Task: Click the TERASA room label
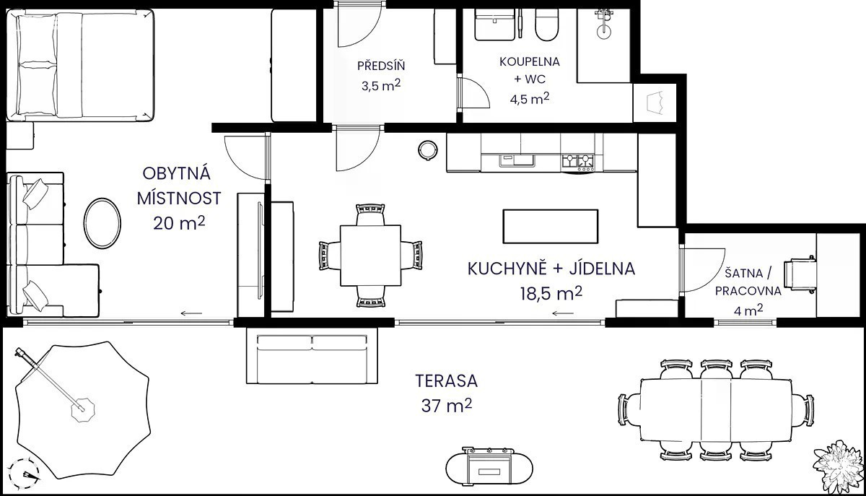click(x=447, y=381)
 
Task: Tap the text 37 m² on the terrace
click(x=447, y=406)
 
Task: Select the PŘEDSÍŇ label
click(x=381, y=66)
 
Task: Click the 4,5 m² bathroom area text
click(x=529, y=99)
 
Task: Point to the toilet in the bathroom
click(x=547, y=25)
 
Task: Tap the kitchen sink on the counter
click(x=516, y=160)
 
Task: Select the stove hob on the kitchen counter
click(x=577, y=162)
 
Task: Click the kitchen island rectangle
click(x=551, y=226)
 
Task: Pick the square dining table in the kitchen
click(x=370, y=256)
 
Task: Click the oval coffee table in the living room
click(x=102, y=223)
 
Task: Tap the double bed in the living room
click(x=80, y=64)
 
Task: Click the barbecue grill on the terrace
click(x=489, y=471)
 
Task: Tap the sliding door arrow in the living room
click(x=192, y=313)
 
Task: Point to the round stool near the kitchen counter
click(x=428, y=149)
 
